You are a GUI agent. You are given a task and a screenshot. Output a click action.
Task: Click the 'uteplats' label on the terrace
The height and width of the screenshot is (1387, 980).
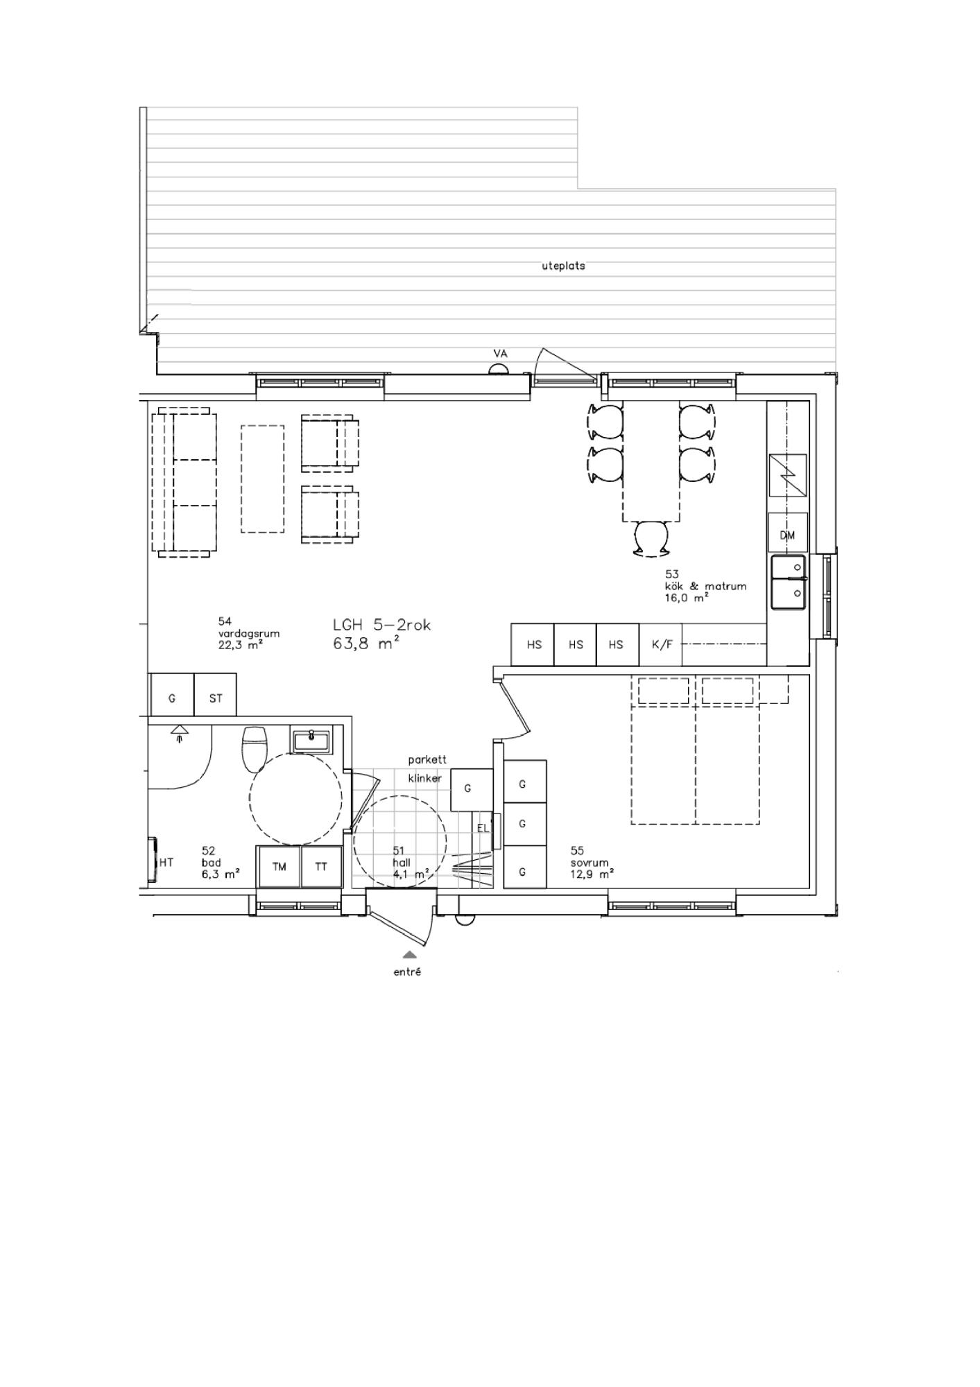(563, 266)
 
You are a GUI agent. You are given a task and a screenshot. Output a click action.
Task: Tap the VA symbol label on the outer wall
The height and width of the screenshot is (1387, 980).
(500, 354)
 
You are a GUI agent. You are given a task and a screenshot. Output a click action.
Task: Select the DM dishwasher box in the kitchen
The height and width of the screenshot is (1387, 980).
(788, 533)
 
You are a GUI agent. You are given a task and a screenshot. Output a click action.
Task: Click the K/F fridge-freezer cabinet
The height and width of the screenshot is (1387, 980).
(661, 644)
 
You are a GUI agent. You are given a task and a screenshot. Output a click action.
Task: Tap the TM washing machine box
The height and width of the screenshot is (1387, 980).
(280, 866)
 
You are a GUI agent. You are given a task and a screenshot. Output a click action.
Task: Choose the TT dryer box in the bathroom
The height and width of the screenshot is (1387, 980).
(321, 866)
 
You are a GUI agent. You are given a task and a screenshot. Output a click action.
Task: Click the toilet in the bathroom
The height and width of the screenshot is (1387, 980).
(253, 749)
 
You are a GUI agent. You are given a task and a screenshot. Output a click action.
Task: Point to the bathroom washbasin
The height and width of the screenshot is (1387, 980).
(312, 740)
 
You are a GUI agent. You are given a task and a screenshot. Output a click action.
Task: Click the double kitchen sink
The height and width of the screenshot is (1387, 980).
(789, 582)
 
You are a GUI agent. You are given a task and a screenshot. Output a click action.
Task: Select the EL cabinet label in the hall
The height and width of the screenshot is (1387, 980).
(483, 827)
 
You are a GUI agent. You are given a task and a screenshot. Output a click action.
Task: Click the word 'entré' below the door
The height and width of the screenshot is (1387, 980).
(407, 972)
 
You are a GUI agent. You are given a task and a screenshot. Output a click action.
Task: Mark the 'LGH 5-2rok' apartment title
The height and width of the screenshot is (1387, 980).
(381, 625)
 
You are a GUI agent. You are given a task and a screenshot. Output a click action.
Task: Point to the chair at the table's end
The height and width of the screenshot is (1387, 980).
(652, 538)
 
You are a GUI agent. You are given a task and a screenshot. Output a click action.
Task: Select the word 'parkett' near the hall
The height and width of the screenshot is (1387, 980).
(427, 760)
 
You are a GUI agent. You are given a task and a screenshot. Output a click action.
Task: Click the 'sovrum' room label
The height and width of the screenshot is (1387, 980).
(590, 863)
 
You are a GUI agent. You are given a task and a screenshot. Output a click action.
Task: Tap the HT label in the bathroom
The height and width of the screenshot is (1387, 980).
(166, 863)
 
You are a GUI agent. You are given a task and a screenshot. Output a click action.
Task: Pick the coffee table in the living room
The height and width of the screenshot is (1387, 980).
(262, 479)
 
